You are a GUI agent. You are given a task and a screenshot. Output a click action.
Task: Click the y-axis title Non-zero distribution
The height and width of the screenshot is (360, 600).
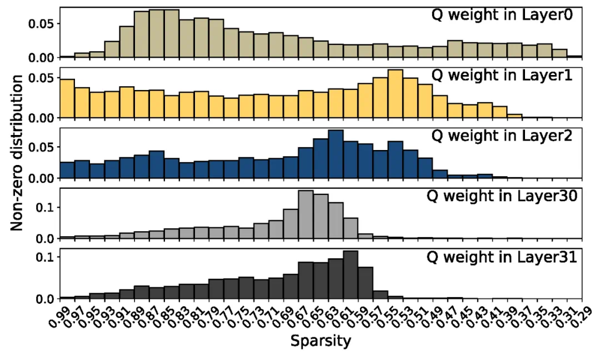click(18, 153)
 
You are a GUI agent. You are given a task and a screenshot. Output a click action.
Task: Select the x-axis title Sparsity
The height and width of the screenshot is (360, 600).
click(321, 340)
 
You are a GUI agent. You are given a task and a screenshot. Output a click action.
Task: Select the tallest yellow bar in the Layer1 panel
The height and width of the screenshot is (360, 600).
click(395, 93)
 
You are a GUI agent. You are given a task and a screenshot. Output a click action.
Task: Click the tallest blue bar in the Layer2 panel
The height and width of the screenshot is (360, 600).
click(336, 154)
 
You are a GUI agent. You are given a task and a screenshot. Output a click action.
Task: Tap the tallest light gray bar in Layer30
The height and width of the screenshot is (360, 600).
click(306, 214)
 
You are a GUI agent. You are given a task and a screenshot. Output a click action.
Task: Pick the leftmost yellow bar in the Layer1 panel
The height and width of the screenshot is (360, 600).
click(67, 98)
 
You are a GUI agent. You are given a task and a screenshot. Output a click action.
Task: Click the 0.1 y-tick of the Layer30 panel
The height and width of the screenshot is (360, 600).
click(46, 207)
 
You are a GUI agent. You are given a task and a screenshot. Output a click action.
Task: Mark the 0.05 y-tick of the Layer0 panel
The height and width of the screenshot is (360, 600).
click(42, 24)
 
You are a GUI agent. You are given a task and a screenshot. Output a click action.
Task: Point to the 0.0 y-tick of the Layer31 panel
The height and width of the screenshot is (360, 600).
click(46, 299)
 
